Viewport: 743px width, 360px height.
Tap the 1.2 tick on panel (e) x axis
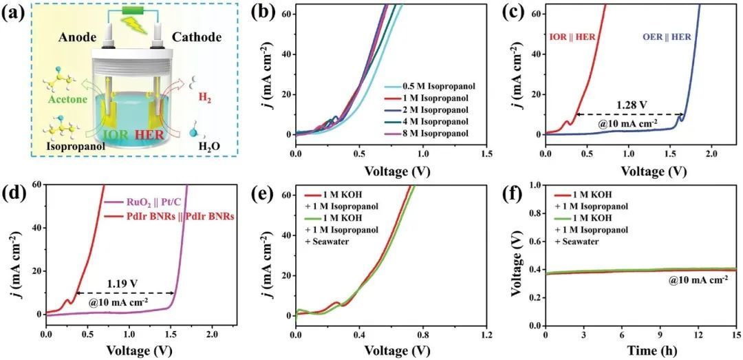[x=486, y=335]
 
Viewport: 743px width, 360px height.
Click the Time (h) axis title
[x=640, y=350]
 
